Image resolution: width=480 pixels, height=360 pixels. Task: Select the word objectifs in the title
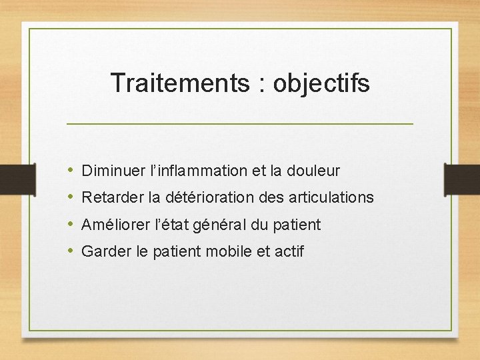[x=321, y=83]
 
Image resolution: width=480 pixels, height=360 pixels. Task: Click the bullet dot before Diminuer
[x=71, y=171]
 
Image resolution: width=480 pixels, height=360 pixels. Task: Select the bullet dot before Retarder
[x=71, y=198]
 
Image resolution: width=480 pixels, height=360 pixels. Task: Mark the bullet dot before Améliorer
[x=71, y=225]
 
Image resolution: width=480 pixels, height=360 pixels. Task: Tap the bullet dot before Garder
[x=71, y=251]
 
